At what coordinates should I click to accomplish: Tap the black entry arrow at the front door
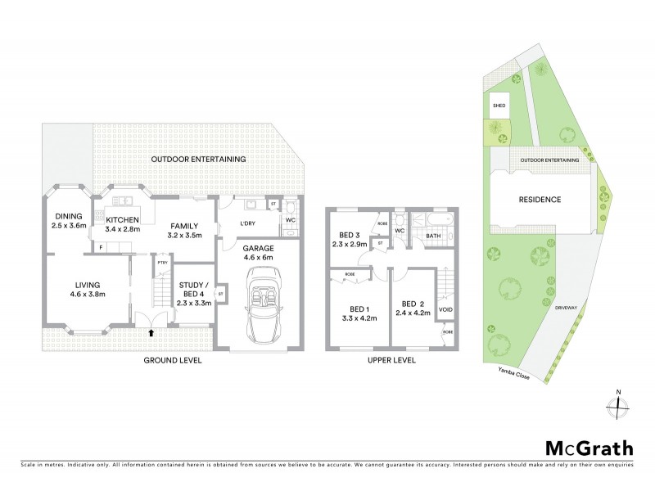coord(151,332)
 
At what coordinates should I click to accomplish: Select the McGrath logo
coord(589,448)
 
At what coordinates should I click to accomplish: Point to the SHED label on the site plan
coord(498,106)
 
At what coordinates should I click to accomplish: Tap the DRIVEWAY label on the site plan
coord(566,309)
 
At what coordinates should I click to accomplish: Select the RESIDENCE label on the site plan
coord(539,200)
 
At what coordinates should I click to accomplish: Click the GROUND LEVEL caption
coord(172,360)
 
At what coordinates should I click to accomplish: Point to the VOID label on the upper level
coord(446,310)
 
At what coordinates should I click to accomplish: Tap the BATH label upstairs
coord(434,236)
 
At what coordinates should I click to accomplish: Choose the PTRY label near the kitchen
coord(163,263)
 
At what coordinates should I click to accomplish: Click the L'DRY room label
coord(248,223)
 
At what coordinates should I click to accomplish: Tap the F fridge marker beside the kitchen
coord(100,245)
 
